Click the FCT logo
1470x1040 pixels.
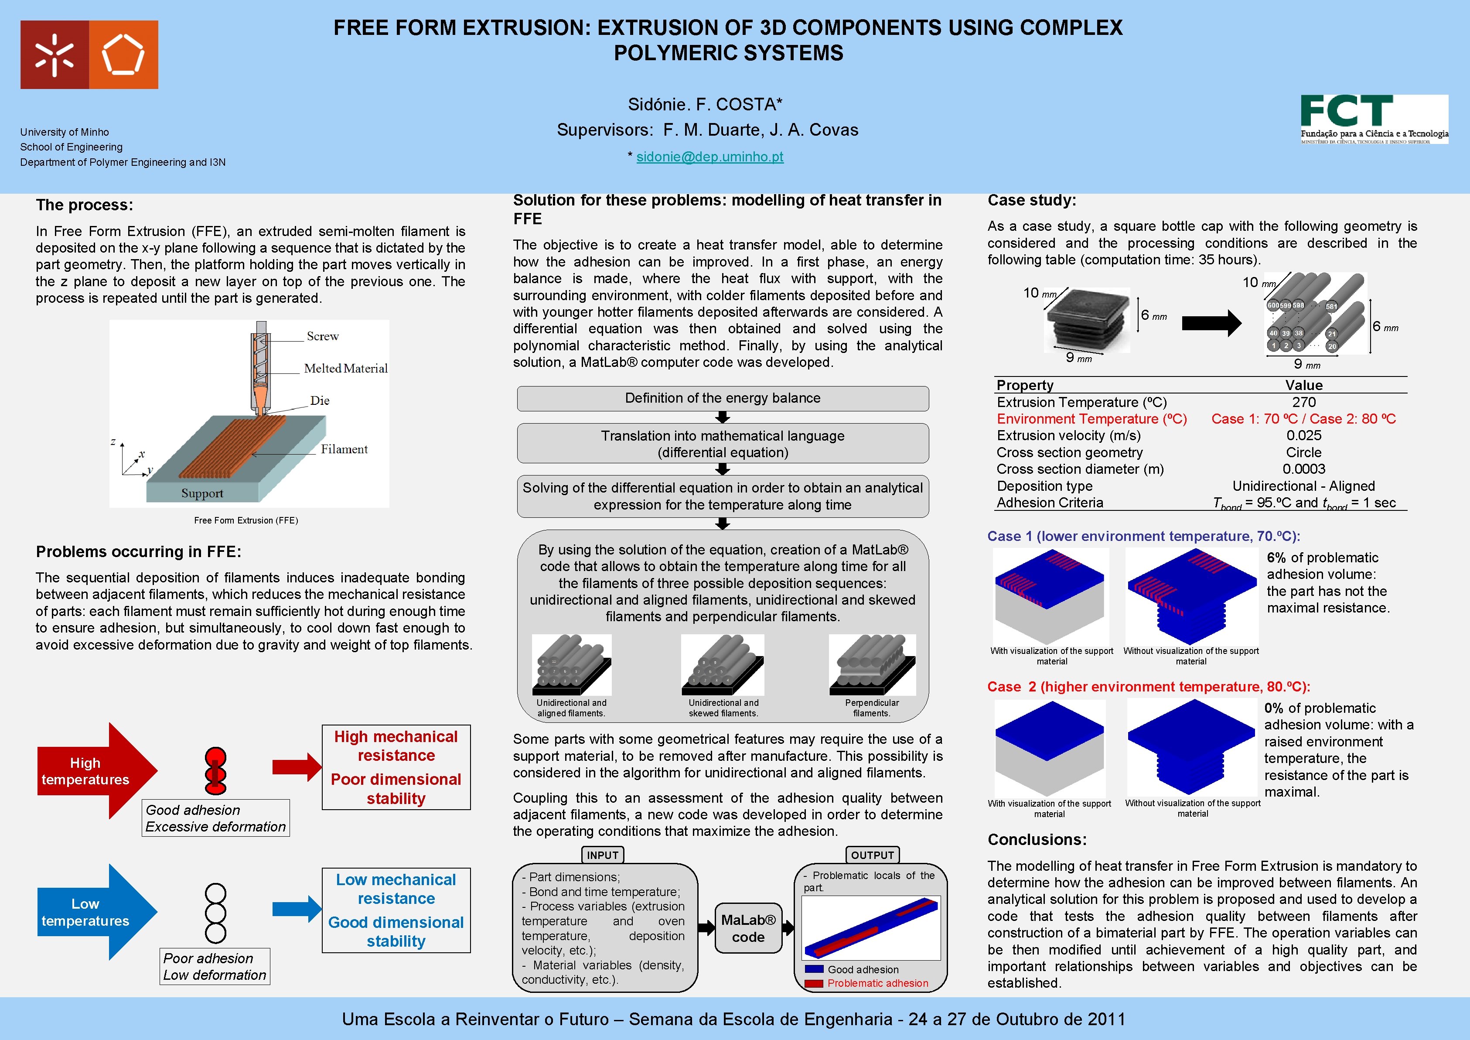point(1374,119)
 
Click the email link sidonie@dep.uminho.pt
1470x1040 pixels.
point(709,157)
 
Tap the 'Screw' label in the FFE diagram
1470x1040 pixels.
point(323,336)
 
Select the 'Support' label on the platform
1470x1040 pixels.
point(202,493)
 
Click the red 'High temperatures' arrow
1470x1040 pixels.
point(90,771)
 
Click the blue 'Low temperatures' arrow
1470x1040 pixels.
point(90,912)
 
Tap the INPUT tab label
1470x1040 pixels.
point(603,855)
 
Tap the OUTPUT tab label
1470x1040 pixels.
point(872,855)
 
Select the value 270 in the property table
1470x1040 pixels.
point(1303,402)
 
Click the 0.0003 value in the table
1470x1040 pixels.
point(1303,469)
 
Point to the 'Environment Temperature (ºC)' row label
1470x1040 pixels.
point(1091,419)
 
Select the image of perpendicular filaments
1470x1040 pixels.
point(872,665)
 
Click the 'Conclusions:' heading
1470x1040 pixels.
point(1037,840)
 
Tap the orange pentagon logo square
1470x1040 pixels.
point(123,55)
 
